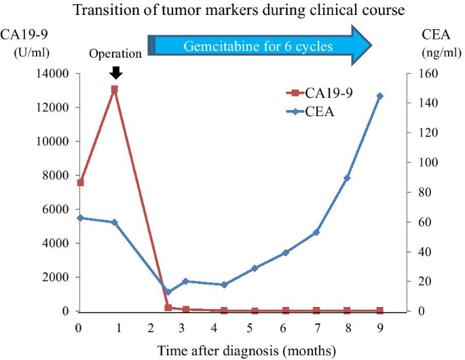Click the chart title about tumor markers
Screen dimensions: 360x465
232,10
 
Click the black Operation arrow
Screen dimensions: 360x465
115,72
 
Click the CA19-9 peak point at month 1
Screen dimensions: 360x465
114,89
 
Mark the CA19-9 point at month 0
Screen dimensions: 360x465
80,183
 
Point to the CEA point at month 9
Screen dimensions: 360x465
380,96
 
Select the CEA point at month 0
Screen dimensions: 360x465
80,218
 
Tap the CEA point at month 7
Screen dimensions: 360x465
316,232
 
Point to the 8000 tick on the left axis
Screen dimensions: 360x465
59,175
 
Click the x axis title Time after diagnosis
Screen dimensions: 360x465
246,351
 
